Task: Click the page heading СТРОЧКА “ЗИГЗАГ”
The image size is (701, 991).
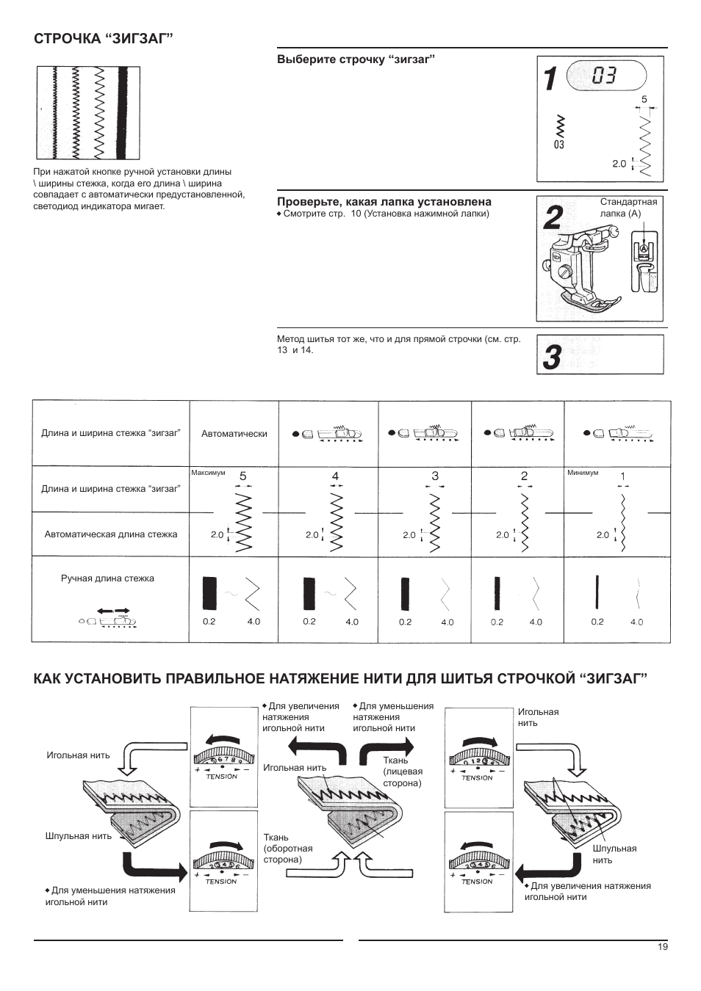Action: coord(103,38)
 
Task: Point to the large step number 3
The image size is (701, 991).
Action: coord(553,357)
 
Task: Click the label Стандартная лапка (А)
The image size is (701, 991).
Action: coord(629,207)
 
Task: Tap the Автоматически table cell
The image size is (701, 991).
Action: coord(234,434)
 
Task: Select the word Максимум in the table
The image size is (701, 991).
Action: coord(208,473)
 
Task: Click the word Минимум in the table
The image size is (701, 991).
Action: coord(583,473)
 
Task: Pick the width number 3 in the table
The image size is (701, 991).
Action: coord(435,476)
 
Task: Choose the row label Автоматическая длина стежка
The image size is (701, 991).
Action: coord(111,534)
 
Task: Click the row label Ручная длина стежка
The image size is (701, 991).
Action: coord(107,578)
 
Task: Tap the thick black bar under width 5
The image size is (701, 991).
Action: coord(209,593)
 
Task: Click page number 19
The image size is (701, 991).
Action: coord(663,947)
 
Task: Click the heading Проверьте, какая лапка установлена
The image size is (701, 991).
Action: coord(384,201)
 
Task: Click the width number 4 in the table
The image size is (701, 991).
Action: coord(335,476)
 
